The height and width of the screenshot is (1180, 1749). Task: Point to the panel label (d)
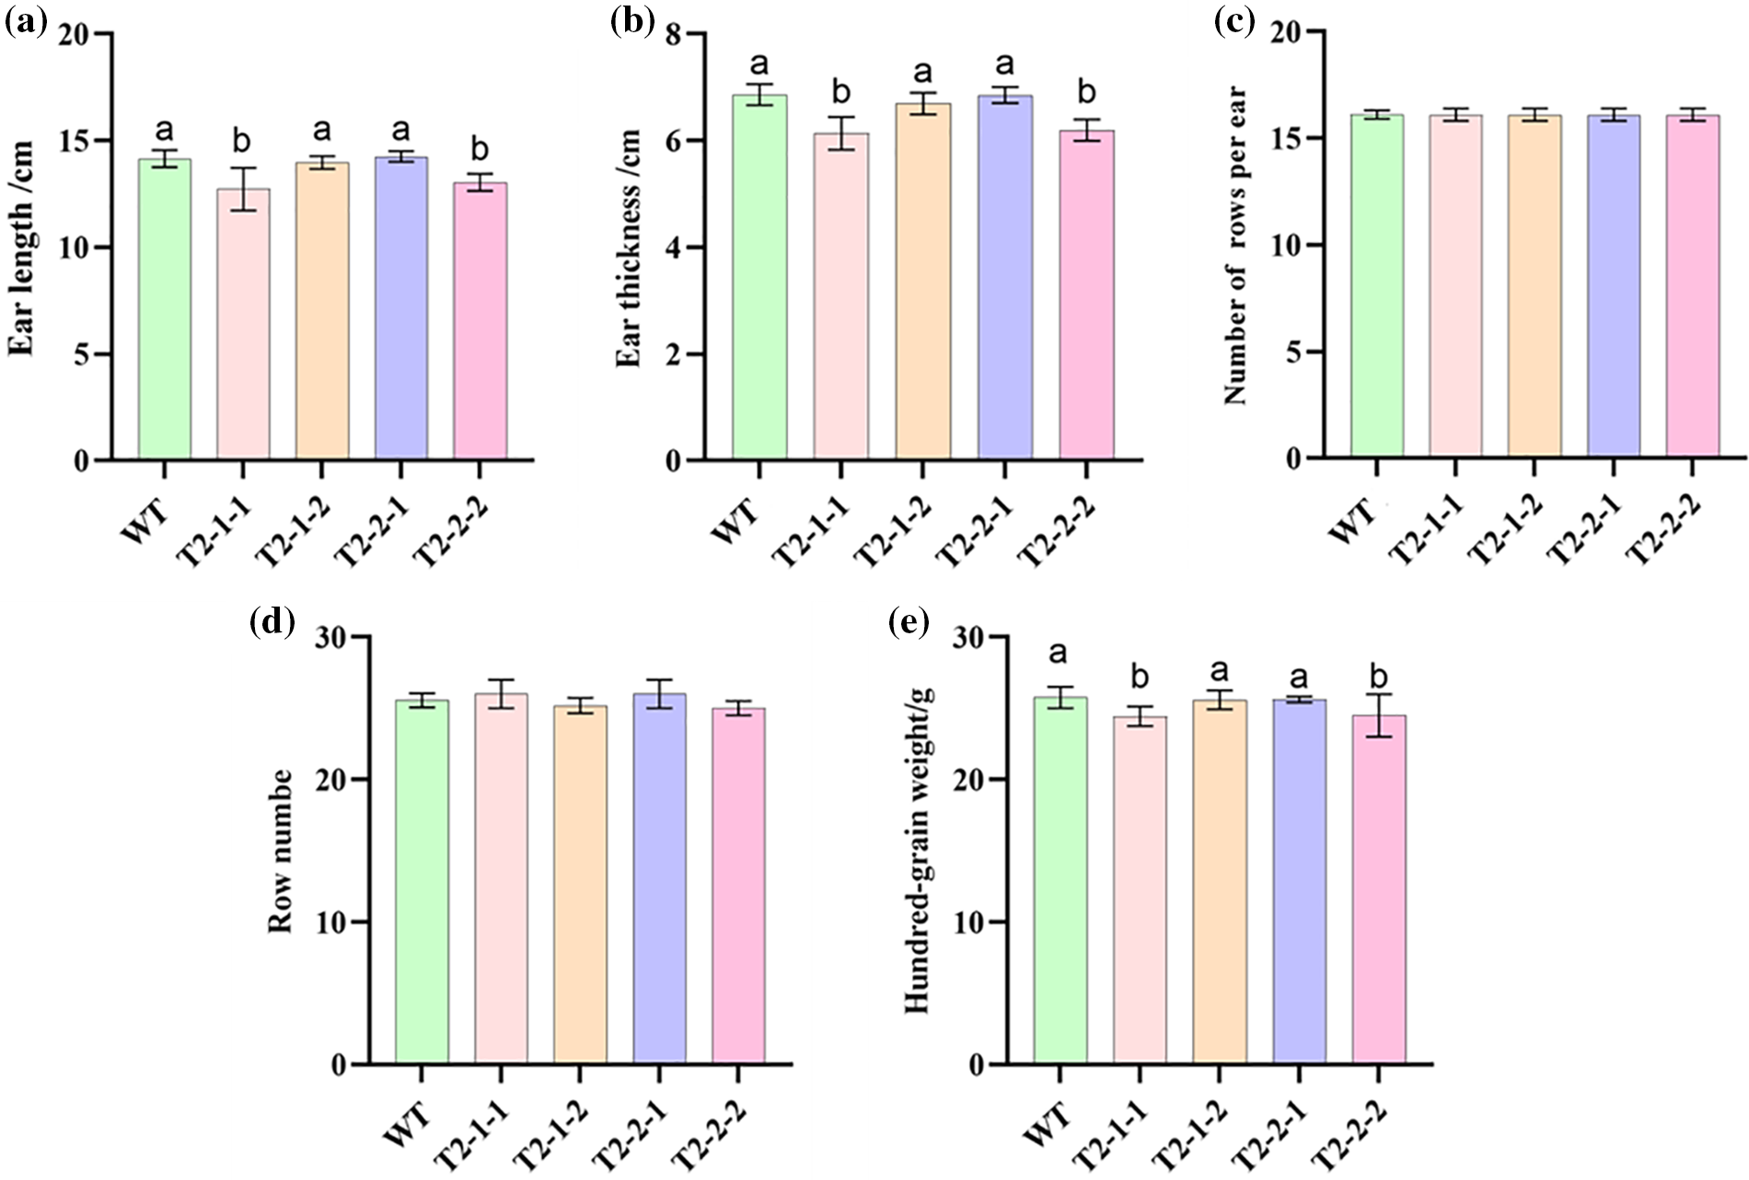click(x=272, y=623)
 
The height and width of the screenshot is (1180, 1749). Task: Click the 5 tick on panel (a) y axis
click(x=81, y=354)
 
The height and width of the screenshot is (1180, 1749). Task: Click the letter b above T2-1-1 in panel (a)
click(x=242, y=141)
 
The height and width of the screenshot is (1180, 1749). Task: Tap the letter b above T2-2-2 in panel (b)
click(x=1086, y=92)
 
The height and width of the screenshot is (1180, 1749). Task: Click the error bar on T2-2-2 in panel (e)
click(x=1378, y=716)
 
